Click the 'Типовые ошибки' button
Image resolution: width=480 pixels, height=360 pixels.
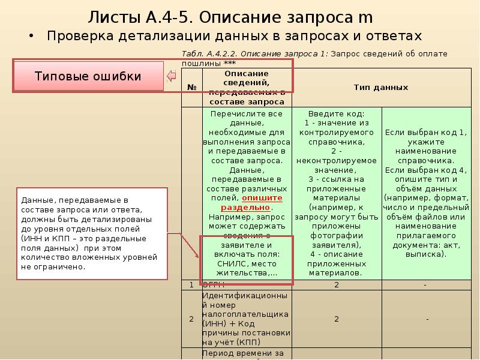[x=88, y=76]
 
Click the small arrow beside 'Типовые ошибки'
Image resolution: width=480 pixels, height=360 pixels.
[x=170, y=76]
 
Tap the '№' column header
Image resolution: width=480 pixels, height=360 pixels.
[x=193, y=88]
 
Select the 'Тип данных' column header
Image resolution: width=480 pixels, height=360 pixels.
[x=380, y=88]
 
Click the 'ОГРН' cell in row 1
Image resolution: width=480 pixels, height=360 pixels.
[x=213, y=285]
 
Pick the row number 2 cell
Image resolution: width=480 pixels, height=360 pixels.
[x=191, y=319]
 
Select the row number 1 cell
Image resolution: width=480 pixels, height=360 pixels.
[x=191, y=285]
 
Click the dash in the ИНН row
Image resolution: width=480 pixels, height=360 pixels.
[x=427, y=319]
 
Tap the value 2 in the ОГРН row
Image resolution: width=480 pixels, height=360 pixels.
[x=337, y=285]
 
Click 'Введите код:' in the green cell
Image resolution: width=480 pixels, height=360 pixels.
[x=336, y=113]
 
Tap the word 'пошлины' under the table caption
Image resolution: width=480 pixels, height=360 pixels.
[x=200, y=62]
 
